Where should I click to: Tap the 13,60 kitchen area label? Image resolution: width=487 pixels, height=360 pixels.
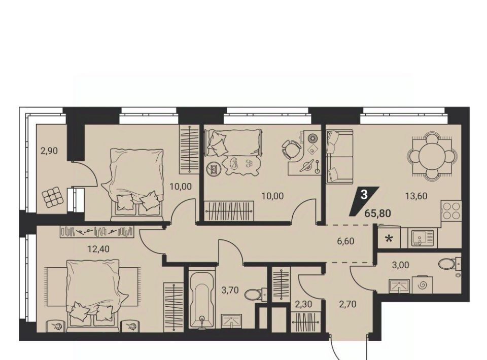pyautogui.click(x=416, y=196)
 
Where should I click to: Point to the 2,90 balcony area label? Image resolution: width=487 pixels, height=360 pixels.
pyautogui.click(x=49, y=151)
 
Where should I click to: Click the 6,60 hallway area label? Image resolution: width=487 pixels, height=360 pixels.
pyautogui.click(x=345, y=241)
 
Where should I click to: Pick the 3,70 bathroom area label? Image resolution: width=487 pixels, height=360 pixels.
pyautogui.click(x=230, y=290)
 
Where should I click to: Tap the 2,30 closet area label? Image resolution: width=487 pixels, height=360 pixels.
pyautogui.click(x=303, y=305)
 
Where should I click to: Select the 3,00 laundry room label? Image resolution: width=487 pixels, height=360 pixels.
pyautogui.click(x=400, y=265)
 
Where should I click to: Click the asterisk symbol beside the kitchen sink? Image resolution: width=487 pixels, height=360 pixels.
pyautogui.click(x=388, y=239)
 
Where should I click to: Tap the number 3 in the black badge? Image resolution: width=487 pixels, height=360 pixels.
pyautogui.click(x=364, y=195)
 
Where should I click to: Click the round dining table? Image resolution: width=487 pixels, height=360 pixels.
pyautogui.click(x=432, y=156)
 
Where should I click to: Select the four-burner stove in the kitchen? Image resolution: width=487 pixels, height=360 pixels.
pyautogui.click(x=451, y=211)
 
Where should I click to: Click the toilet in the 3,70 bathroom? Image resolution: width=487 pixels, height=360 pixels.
pyautogui.click(x=255, y=294)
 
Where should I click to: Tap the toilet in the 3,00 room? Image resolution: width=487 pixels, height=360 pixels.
pyautogui.click(x=449, y=264)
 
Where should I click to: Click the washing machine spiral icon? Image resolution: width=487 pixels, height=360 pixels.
pyautogui.click(x=422, y=285)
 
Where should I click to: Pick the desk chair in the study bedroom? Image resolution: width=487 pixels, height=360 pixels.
pyautogui.click(x=291, y=149)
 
